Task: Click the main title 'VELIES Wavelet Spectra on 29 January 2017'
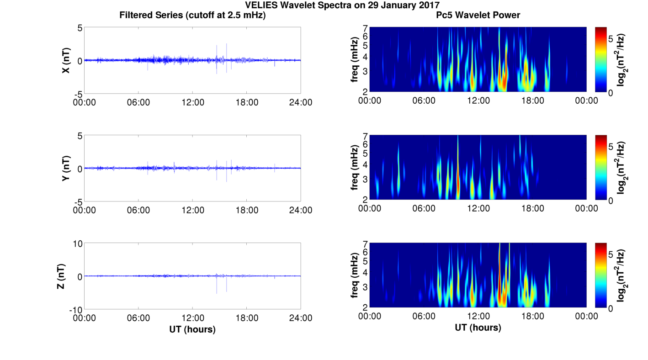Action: point(342,5)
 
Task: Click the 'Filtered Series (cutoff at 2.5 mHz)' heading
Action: point(192,15)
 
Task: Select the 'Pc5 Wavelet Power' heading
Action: point(478,15)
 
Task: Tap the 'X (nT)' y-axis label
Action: point(66,60)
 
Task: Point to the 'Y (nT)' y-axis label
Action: point(66,168)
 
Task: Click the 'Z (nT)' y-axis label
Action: point(60,276)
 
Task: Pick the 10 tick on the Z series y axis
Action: point(77,244)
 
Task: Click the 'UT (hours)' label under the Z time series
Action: point(192,329)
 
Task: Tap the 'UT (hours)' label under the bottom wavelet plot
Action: point(478,327)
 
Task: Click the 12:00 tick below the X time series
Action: point(192,102)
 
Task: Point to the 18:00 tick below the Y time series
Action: point(247,210)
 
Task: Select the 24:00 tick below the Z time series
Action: point(301,318)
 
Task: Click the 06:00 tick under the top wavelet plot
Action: point(424,101)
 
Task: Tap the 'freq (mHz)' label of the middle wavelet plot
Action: point(355,167)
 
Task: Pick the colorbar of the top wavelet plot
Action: point(600,59)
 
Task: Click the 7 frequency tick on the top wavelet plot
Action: point(365,28)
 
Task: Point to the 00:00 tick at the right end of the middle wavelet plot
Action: point(587,208)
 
